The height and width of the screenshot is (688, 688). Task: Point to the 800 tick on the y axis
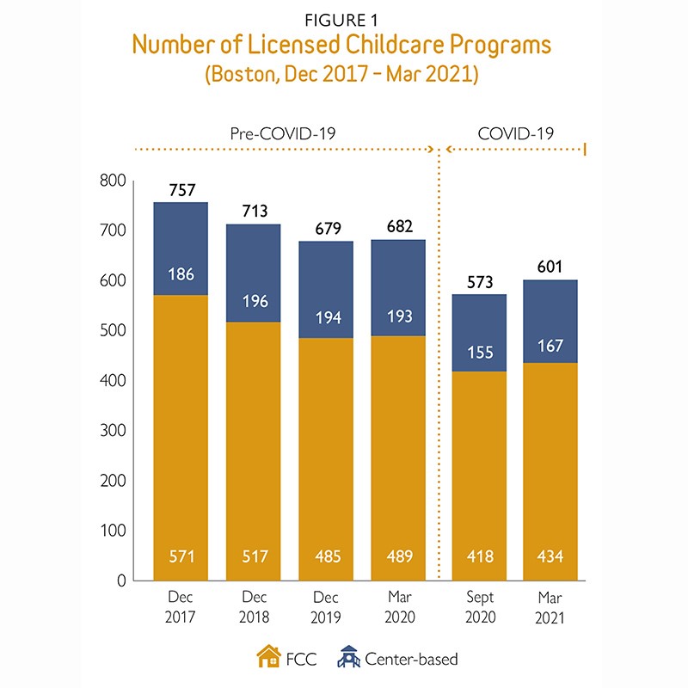(113, 181)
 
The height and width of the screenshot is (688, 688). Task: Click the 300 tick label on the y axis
(113, 430)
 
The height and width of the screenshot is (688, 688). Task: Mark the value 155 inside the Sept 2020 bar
(480, 352)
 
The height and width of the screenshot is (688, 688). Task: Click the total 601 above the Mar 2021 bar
(551, 267)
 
